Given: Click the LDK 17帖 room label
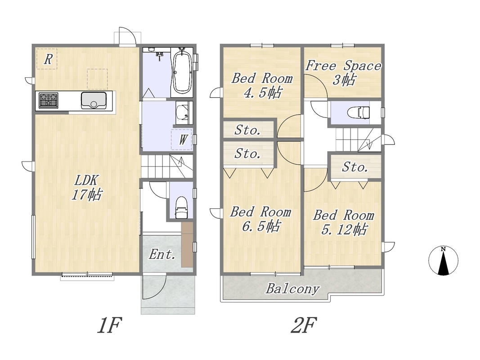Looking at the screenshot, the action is click(87, 187).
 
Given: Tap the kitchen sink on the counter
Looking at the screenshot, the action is click(94, 100).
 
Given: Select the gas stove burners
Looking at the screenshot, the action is click(49, 100).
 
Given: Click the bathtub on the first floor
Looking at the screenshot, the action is click(182, 71).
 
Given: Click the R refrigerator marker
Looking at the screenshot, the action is click(47, 59).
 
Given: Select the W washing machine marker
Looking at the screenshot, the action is click(183, 140).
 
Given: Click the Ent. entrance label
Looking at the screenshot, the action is click(162, 254).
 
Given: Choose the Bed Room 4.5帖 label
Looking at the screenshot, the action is click(262, 85).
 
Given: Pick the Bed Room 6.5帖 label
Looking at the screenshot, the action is click(260, 219).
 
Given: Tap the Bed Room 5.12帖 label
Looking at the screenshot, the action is click(344, 222).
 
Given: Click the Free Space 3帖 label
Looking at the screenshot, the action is click(344, 72).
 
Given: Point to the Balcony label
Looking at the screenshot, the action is click(293, 288).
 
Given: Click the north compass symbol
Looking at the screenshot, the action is click(443, 261).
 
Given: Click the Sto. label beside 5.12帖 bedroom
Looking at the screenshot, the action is click(355, 167).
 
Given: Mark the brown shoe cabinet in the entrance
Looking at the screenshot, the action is click(187, 244).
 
